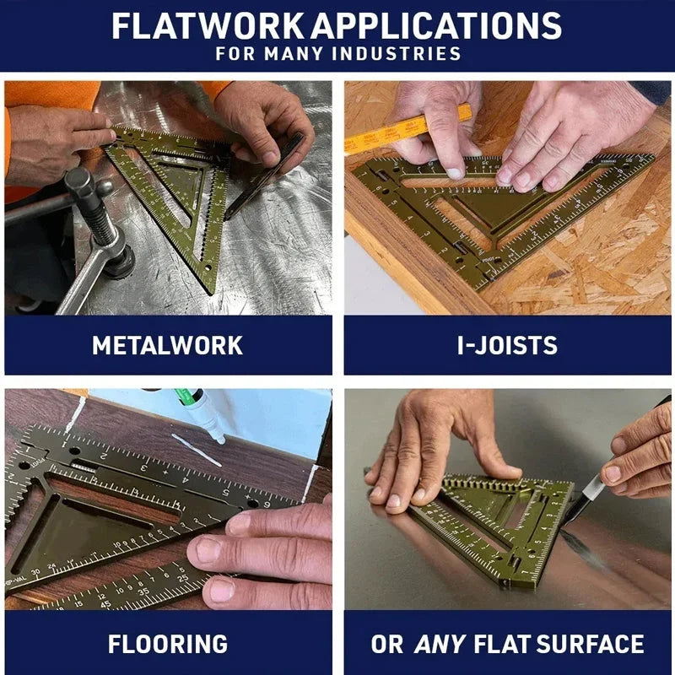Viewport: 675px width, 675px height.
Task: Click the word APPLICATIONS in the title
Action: coord(436,25)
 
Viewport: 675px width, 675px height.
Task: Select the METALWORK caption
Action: coord(167,345)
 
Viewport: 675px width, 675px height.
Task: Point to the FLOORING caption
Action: coord(167,644)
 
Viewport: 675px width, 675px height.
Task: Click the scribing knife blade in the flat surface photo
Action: coord(590,493)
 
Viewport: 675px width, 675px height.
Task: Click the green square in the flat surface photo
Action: coord(498,523)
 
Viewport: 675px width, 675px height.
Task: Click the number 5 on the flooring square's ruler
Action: coord(226,492)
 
